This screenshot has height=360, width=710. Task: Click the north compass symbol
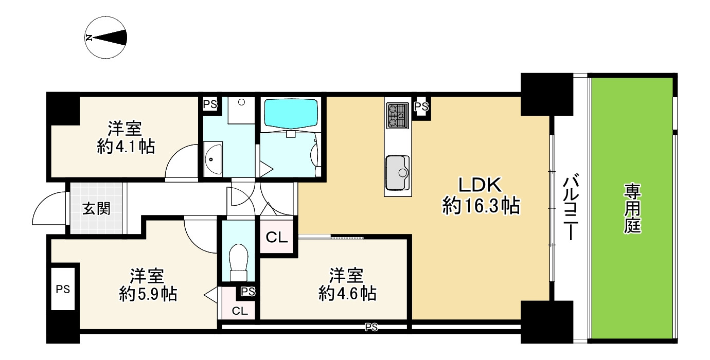pos(106,38)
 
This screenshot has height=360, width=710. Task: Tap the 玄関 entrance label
pos(97,209)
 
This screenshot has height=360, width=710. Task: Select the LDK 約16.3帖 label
pos(480,196)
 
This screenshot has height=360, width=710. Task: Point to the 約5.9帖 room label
pos(148,285)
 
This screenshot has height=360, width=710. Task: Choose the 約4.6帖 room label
pos(346,285)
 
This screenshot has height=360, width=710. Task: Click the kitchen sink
pos(397,172)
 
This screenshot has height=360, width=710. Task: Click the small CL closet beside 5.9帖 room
pos(239,311)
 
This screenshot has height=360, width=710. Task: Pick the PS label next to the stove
pos(421,107)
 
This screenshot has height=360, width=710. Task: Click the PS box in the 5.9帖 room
pos(64,289)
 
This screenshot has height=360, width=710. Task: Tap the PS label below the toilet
pos(247,292)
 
